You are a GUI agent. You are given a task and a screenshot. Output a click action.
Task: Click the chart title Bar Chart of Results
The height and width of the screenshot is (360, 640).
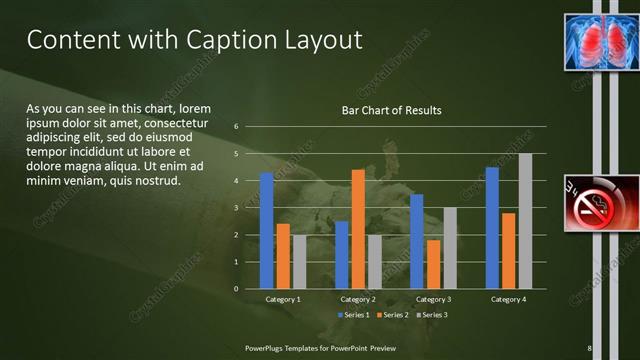click(391, 110)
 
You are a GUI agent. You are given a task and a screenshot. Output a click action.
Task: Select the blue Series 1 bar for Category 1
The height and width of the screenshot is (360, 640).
click(267, 230)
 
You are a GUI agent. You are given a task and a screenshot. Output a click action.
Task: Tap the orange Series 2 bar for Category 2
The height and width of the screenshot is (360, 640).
click(358, 229)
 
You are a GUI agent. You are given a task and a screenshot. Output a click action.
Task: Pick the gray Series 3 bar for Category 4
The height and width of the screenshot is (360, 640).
click(525, 221)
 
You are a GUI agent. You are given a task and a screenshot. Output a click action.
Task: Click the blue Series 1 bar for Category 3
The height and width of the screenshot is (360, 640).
click(417, 241)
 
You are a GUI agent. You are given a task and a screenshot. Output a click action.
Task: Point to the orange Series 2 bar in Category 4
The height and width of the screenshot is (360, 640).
click(508, 250)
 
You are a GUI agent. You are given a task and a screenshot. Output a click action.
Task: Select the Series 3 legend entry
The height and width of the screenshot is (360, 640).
click(431, 315)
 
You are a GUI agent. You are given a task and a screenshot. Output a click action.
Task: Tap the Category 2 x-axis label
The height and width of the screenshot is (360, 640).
click(358, 299)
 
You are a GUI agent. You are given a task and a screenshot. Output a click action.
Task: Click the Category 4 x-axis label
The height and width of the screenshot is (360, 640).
click(508, 299)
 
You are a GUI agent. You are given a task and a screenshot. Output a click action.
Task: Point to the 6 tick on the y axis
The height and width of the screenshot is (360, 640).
click(236, 127)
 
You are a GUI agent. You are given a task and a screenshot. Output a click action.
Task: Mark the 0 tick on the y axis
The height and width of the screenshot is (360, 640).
click(236, 288)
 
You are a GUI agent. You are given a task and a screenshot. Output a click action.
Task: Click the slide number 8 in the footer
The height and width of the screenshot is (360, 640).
click(590, 347)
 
